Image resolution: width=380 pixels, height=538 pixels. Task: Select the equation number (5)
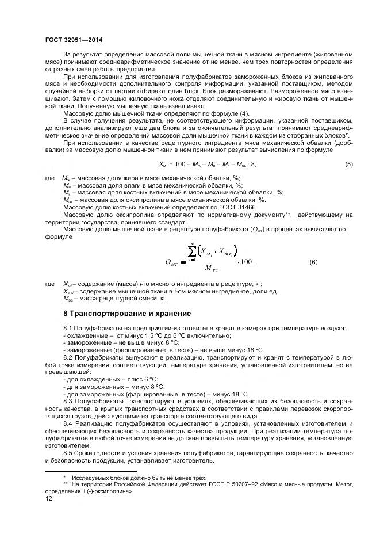[348, 165]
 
